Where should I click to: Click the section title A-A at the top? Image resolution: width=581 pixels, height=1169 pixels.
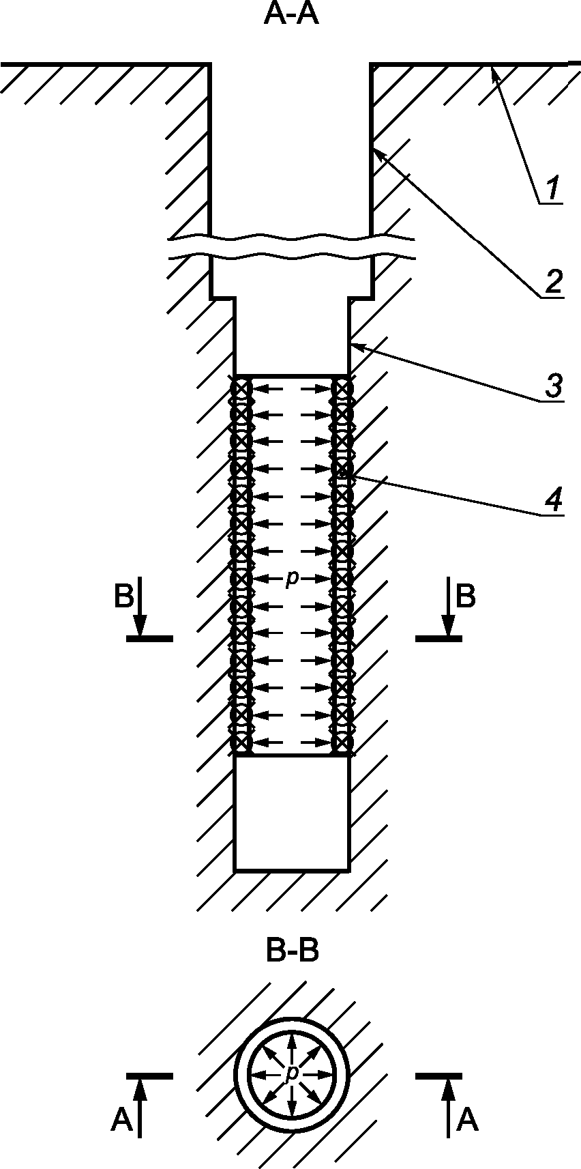pyautogui.click(x=290, y=16)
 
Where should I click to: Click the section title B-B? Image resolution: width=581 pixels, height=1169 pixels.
pyautogui.click(x=292, y=953)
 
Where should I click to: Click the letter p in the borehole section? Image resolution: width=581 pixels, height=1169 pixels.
pyautogui.click(x=291, y=579)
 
